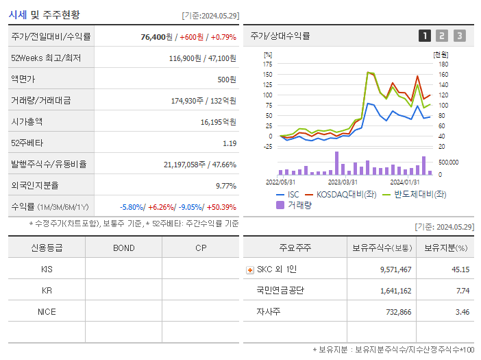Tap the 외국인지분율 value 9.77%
pos(225,185)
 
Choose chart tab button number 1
pos(425,36)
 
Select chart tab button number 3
pos(459,36)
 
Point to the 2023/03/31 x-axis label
pos(343,182)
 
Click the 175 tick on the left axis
pos(268,64)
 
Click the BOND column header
pos(123,248)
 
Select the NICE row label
pos(47,311)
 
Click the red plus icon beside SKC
pos(250,269)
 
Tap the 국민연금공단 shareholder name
pos(280,290)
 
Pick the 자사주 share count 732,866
pos(396,311)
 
